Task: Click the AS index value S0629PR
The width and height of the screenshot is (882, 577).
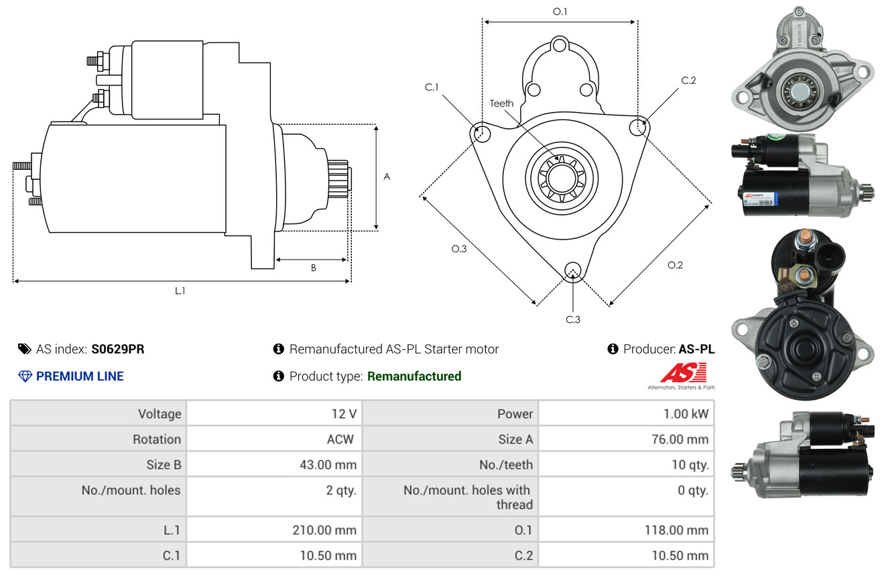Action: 118,349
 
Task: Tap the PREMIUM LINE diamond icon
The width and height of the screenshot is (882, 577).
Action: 25,376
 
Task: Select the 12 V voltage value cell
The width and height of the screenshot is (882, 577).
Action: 343,414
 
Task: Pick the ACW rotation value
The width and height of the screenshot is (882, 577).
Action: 340,439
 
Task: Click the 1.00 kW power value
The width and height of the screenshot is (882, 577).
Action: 686,414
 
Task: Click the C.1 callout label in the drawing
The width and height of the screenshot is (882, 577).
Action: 432,87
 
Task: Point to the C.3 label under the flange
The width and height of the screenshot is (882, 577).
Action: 573,319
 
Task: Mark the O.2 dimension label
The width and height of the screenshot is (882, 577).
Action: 675,265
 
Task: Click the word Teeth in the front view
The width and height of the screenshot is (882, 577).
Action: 501,103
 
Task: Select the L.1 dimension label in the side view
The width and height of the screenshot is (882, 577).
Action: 180,291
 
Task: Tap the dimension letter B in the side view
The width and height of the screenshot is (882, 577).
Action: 313,268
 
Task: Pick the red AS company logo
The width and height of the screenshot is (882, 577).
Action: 684,372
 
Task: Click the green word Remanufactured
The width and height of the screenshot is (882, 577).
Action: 414,376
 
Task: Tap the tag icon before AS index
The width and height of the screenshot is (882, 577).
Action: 24,349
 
